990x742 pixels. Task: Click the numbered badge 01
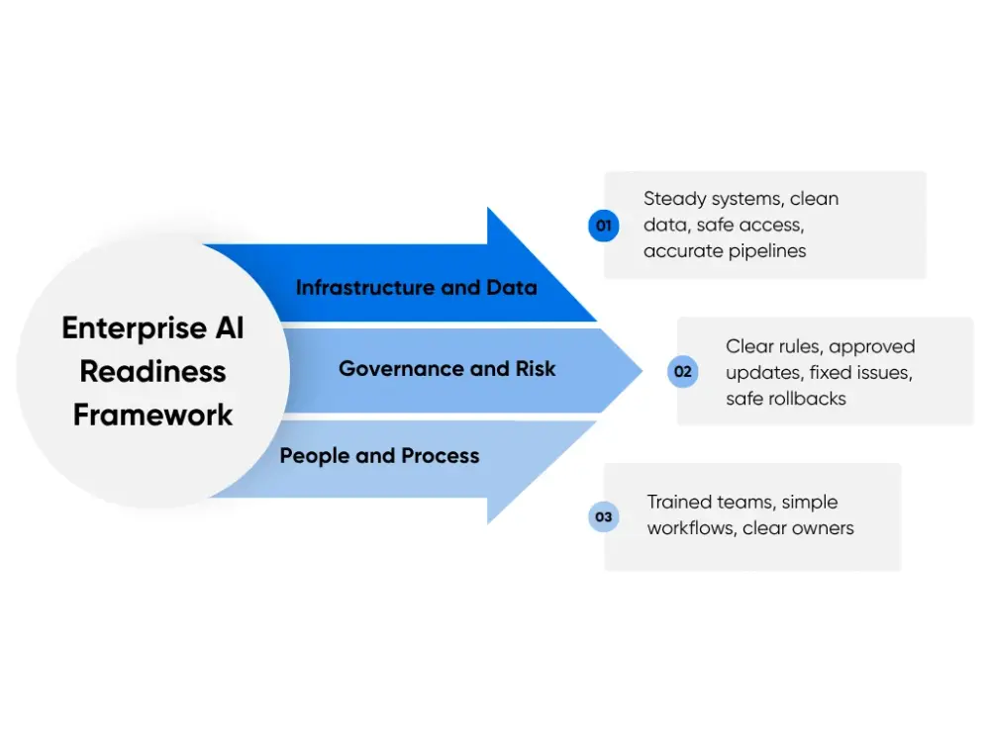coord(603,226)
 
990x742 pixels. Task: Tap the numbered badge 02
coord(682,372)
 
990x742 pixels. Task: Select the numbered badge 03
coord(603,516)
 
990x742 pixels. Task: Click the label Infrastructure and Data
coord(416,288)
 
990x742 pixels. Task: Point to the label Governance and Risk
coord(446,369)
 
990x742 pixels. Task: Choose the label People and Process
coord(379,456)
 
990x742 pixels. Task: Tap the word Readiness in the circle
coord(152,372)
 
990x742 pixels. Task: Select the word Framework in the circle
coord(152,415)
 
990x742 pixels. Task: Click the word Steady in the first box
coord(673,199)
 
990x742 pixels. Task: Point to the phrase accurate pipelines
coord(725,251)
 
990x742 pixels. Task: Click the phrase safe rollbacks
coord(786,399)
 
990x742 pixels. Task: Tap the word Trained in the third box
coord(680,503)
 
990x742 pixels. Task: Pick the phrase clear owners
coord(798,528)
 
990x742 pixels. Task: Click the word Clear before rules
coord(750,346)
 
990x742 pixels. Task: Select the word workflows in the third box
coord(689,528)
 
